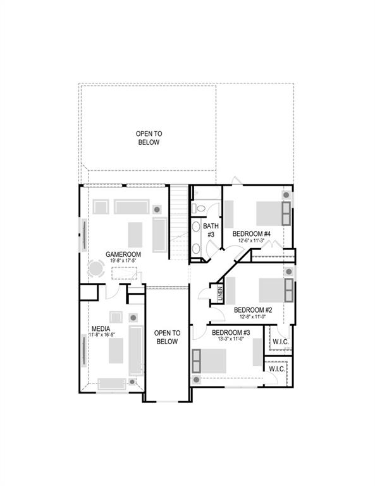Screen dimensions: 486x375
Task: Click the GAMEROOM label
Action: point(123,254)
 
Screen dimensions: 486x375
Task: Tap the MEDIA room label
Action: point(101,329)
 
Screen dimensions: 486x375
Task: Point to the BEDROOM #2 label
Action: point(253,310)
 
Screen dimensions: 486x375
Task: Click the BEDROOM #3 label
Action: point(231,332)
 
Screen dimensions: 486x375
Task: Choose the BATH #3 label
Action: point(211,230)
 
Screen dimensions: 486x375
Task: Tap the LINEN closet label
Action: point(220,294)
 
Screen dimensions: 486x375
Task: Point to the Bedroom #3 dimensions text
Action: point(231,339)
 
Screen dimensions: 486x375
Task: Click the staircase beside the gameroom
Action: point(180,221)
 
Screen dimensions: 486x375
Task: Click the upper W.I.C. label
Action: point(280,342)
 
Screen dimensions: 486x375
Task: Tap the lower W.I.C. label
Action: point(277,369)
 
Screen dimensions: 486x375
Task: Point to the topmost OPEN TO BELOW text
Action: point(149,138)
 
